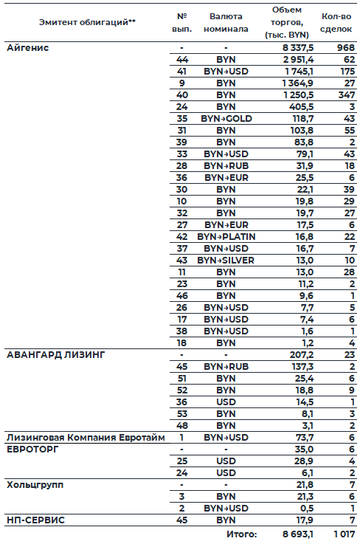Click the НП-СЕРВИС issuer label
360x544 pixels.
tap(35, 520)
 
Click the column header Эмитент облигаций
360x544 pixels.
tap(87, 22)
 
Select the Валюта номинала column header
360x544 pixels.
tap(226, 22)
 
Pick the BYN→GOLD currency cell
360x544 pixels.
tap(226, 119)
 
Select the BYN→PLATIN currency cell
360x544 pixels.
tap(226, 237)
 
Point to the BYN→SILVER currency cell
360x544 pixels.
tap(226, 261)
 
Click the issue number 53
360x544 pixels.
tap(181, 414)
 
